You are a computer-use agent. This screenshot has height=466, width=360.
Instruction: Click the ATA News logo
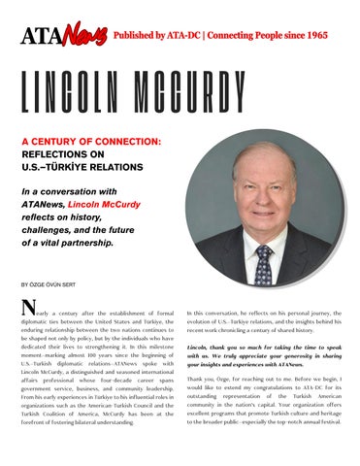click(x=63, y=36)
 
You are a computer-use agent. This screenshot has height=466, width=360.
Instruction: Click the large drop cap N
click(x=28, y=313)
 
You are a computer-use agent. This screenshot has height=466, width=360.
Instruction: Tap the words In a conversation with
click(x=72, y=194)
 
